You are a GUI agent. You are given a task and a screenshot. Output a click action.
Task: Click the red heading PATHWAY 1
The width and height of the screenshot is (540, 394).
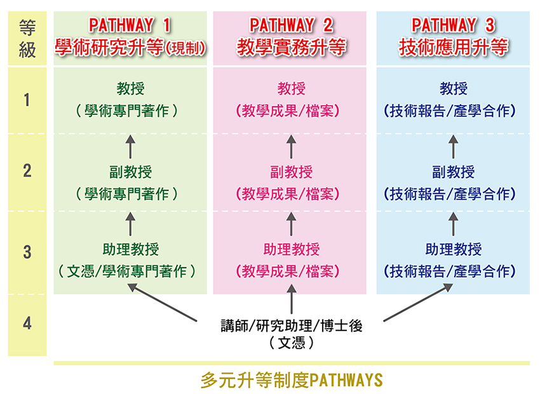click(130, 25)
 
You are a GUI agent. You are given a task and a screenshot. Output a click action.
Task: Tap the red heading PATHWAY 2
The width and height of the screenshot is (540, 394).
click(291, 25)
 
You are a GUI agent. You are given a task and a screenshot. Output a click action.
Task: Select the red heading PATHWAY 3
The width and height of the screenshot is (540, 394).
click(453, 25)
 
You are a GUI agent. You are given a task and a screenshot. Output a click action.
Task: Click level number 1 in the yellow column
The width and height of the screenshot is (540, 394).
click(27, 100)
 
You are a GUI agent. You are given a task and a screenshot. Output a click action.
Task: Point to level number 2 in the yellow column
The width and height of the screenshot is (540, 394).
click(27, 171)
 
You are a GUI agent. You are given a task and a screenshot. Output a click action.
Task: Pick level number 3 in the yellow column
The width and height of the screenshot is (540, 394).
click(27, 252)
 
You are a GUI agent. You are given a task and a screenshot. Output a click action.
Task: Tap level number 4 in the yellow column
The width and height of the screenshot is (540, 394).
click(27, 323)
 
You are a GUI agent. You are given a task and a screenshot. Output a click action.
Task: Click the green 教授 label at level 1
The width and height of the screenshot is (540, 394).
click(130, 89)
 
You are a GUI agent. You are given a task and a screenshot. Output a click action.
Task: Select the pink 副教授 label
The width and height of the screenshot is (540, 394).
click(291, 172)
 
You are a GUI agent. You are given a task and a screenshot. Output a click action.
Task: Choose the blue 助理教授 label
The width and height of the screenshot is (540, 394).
click(453, 249)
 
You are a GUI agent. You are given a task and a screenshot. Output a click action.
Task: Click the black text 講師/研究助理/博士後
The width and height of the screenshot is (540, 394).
click(292, 325)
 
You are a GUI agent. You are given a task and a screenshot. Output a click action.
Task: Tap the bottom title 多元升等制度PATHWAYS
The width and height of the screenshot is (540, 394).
click(292, 380)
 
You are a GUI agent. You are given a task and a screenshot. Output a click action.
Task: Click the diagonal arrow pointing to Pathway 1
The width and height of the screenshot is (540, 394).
click(162, 302)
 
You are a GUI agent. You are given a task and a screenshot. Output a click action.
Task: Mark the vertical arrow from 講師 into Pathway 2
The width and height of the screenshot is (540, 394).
click(292, 298)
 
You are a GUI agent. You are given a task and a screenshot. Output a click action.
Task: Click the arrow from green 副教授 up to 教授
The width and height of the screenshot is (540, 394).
click(130, 147)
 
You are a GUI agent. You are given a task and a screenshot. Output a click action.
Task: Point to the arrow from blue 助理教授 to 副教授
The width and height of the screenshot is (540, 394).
click(453, 224)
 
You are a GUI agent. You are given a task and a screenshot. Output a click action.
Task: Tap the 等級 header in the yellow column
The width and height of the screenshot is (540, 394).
click(27, 39)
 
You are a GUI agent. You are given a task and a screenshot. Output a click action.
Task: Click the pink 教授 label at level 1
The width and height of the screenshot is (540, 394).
click(292, 89)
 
